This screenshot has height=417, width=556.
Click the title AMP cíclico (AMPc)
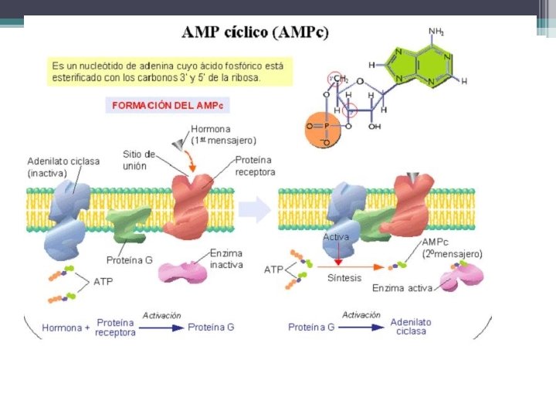pyautogui.click(x=255, y=32)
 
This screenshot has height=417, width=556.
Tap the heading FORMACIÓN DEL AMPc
pyautogui.click(x=167, y=104)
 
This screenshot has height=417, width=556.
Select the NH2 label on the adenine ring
pyautogui.click(x=436, y=32)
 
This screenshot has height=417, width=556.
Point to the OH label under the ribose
pyautogui.click(x=375, y=127)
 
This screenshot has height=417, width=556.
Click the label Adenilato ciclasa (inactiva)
pyautogui.click(x=63, y=167)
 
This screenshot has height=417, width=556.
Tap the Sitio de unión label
pyautogui.click(x=139, y=160)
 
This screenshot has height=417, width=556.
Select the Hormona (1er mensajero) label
pyautogui.click(x=224, y=134)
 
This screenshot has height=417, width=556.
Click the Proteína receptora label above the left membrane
pyautogui.click(x=255, y=165)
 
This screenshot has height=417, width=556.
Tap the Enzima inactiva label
pyautogui.click(x=226, y=259)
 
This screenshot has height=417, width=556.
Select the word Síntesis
pyautogui.click(x=344, y=278)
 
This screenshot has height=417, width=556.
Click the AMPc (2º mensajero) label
pyautogui.click(x=452, y=247)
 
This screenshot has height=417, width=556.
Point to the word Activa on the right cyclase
pyautogui.click(x=337, y=237)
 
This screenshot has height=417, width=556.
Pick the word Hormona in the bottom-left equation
pyautogui.click(x=62, y=327)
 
